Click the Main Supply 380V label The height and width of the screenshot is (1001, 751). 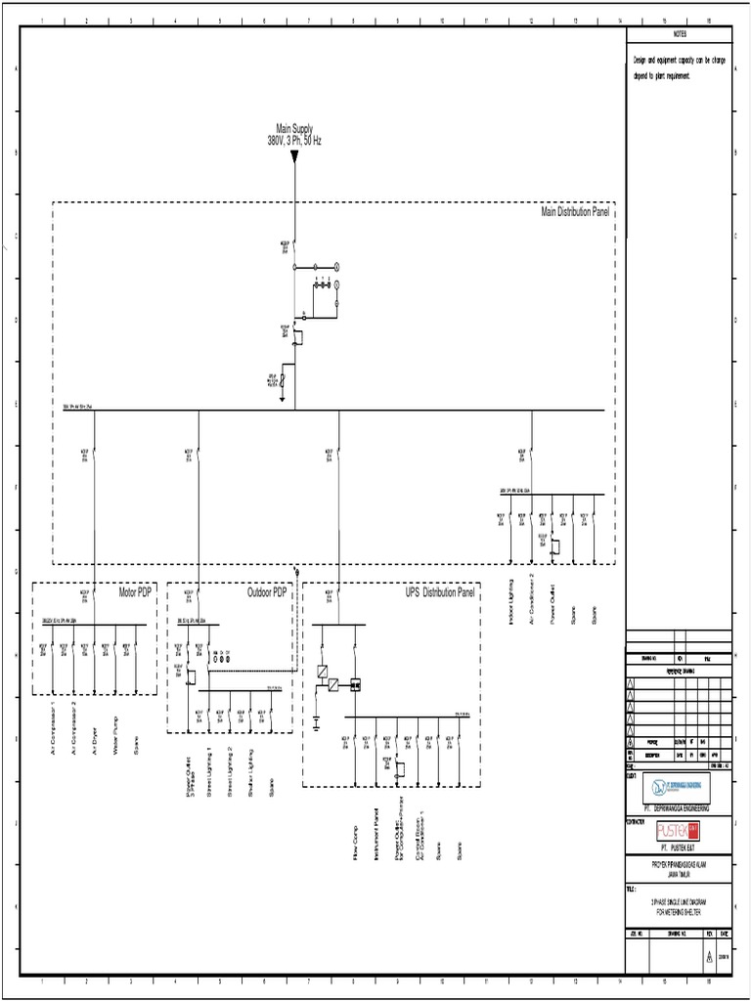(294, 135)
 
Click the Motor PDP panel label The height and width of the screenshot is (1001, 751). (136, 592)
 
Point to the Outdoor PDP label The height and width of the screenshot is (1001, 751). (266, 592)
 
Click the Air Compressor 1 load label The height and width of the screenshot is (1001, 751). (53, 727)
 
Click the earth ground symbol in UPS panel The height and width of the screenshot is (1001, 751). (317, 725)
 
